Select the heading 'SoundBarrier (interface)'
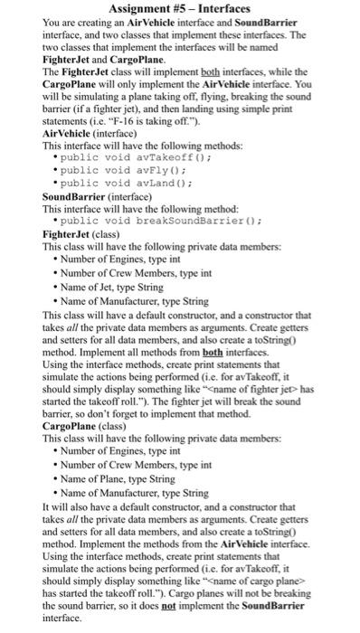point(94,194)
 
